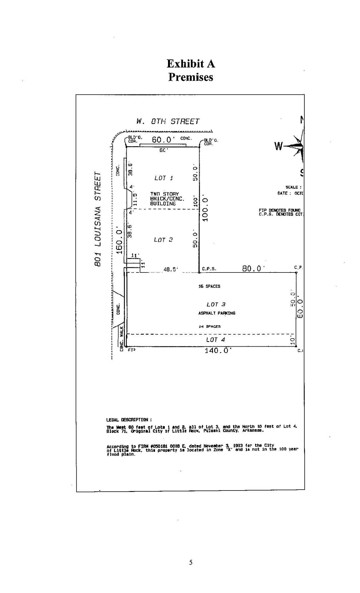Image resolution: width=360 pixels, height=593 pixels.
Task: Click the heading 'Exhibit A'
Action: [191, 64]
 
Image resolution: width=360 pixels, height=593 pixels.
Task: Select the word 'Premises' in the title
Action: [191, 77]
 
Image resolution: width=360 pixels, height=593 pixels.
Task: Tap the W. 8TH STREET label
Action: [168, 121]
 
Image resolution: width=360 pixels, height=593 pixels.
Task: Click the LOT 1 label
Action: [164, 178]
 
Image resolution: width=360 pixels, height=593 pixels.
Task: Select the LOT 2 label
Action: [163, 240]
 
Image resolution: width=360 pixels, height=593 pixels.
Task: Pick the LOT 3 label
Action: [216, 304]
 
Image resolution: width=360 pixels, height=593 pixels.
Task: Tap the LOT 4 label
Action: [215, 340]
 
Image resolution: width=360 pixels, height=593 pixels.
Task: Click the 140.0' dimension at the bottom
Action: [218, 351]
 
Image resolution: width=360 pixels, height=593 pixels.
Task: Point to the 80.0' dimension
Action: [253, 269]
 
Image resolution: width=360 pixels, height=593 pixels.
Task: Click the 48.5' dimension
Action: [171, 269]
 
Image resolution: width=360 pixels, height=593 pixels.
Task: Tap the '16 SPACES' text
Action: [209, 286]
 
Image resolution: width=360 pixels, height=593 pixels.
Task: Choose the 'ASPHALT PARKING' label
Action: [217, 313]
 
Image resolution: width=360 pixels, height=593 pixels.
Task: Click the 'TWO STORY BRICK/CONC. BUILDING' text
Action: [167, 199]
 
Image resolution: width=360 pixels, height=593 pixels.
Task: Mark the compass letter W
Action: [278, 147]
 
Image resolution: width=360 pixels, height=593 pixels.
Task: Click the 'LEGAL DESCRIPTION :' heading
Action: [129, 420]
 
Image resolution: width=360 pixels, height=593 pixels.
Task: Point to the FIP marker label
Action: [132, 350]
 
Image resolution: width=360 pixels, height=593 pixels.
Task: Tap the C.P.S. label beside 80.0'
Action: [209, 269]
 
